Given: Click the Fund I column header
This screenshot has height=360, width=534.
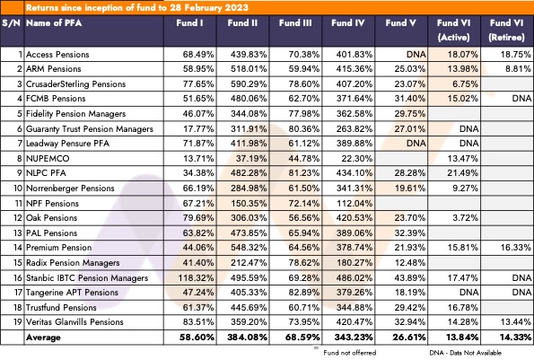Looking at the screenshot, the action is tap(189, 23).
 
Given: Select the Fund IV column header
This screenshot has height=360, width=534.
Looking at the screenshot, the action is tap(347, 23).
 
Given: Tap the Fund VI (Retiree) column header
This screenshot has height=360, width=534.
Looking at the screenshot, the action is tap(506, 30).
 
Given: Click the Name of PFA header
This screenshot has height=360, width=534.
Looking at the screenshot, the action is tap(54, 23).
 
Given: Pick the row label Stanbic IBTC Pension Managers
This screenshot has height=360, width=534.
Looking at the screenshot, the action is tap(87, 278).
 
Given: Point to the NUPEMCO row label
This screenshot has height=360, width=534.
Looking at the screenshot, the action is tap(48, 158).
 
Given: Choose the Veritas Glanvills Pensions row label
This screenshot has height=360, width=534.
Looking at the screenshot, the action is tap(74, 322).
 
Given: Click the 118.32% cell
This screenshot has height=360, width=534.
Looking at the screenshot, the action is tap(197, 278).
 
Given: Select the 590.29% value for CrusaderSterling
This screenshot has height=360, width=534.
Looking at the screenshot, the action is tap(249, 83).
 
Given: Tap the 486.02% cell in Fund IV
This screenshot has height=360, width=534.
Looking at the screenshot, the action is tap(355, 278).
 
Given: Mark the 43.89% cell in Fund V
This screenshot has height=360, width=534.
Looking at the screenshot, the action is tap(409, 278).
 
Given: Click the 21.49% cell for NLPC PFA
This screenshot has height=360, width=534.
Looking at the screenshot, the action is tap(462, 173).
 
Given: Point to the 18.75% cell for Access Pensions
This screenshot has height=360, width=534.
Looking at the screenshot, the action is tap(516, 55).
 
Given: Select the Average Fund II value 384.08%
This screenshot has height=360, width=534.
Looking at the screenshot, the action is tap(247, 338).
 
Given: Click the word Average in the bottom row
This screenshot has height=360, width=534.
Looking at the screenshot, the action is tap(43, 338).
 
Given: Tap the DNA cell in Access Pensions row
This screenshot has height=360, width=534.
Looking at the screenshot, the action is tap(416, 55).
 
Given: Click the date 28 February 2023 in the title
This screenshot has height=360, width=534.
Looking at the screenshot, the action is tap(209, 7).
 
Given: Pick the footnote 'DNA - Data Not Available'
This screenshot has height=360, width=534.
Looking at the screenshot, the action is tap(465, 353).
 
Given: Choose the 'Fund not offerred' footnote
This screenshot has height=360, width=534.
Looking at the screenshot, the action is tap(350, 353).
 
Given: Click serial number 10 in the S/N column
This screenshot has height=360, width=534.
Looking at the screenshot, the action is tap(18, 188).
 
